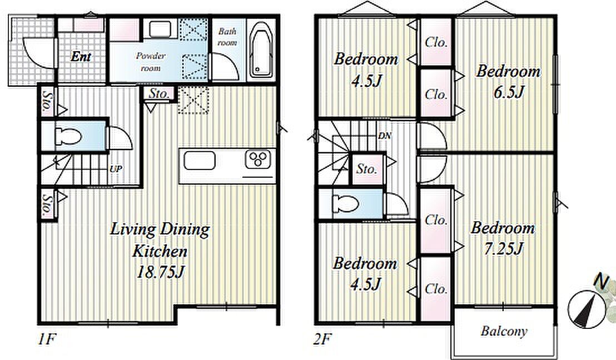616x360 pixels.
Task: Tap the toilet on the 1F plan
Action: tap(68, 137)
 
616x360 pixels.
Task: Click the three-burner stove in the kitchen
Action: tap(258, 159)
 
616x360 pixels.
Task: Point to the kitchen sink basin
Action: tap(200, 160)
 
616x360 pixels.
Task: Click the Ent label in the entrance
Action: tap(81, 57)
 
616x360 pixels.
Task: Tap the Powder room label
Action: tap(151, 62)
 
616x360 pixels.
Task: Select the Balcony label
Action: tap(504, 331)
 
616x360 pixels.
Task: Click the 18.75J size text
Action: tap(160, 272)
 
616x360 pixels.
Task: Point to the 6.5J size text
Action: tap(509, 93)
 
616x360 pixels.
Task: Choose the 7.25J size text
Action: tap(503, 248)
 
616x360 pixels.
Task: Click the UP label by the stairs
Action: tap(116, 169)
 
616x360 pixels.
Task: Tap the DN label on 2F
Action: tap(385, 136)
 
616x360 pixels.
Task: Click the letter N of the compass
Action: tap(601, 281)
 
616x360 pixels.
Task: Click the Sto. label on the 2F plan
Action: tap(366, 169)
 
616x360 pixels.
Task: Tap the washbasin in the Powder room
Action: tap(160, 29)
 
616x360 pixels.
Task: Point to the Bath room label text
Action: tap(227, 37)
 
